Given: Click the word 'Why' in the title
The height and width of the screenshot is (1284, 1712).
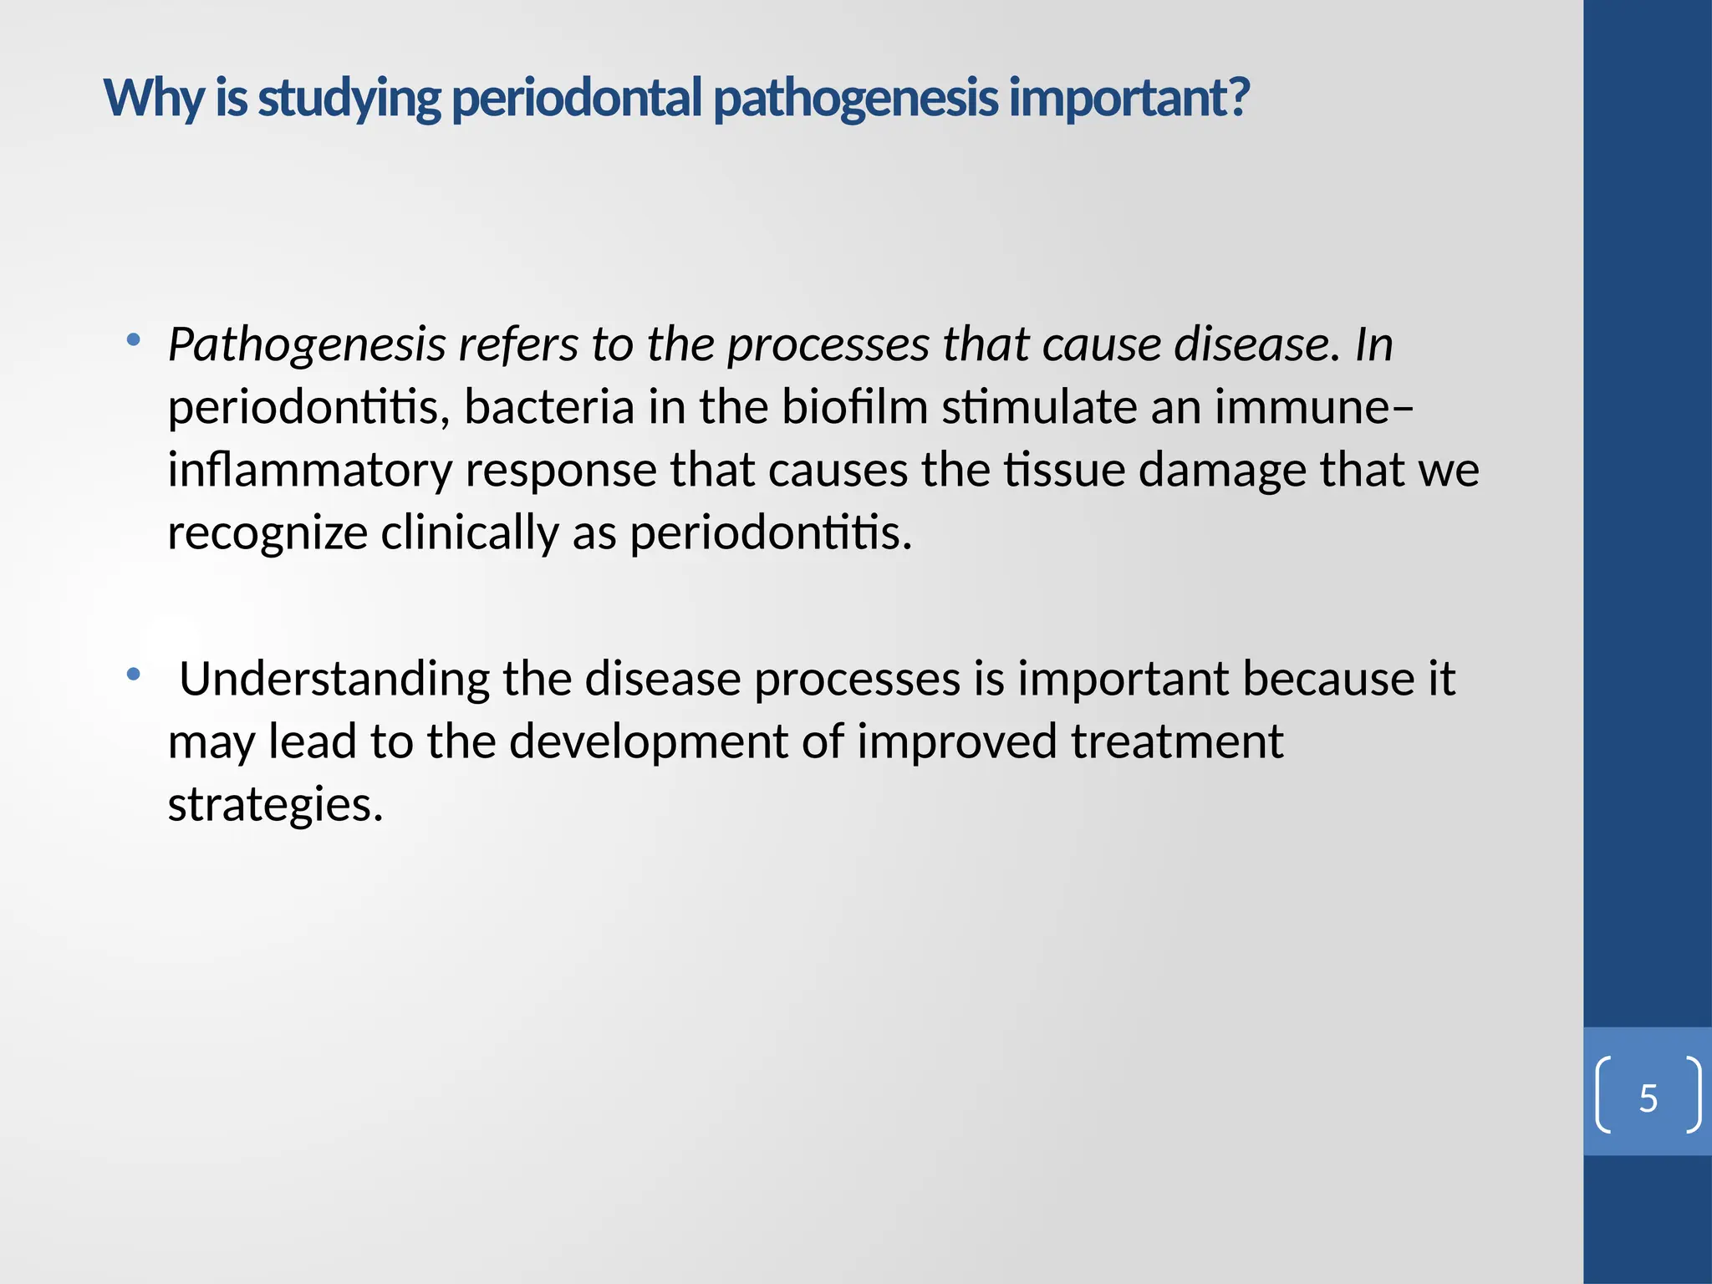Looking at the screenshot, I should tap(153, 98).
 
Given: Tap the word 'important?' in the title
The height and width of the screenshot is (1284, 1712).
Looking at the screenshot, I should tap(1129, 98).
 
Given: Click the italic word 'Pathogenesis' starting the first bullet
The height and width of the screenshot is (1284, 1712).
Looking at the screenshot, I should tap(307, 344).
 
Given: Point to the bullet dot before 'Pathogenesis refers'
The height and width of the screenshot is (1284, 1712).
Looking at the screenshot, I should tap(133, 339).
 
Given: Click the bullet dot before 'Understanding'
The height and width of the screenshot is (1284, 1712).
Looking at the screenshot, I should tap(133, 674).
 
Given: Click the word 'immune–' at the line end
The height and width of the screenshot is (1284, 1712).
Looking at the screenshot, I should tap(1313, 407).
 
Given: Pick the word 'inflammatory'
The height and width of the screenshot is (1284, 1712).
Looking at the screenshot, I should tap(309, 470).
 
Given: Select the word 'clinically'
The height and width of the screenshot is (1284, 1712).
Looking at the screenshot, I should tap(469, 532).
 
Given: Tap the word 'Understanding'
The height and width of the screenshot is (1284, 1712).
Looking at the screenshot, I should tap(334, 678).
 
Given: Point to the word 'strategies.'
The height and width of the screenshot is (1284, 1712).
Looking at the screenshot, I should tap(275, 804).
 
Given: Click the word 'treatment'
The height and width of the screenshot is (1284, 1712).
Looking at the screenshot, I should tap(1176, 741).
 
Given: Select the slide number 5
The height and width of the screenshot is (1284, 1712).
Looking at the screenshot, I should tap(1648, 1098).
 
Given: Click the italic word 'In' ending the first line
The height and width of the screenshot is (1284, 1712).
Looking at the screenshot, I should tap(1373, 344).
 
